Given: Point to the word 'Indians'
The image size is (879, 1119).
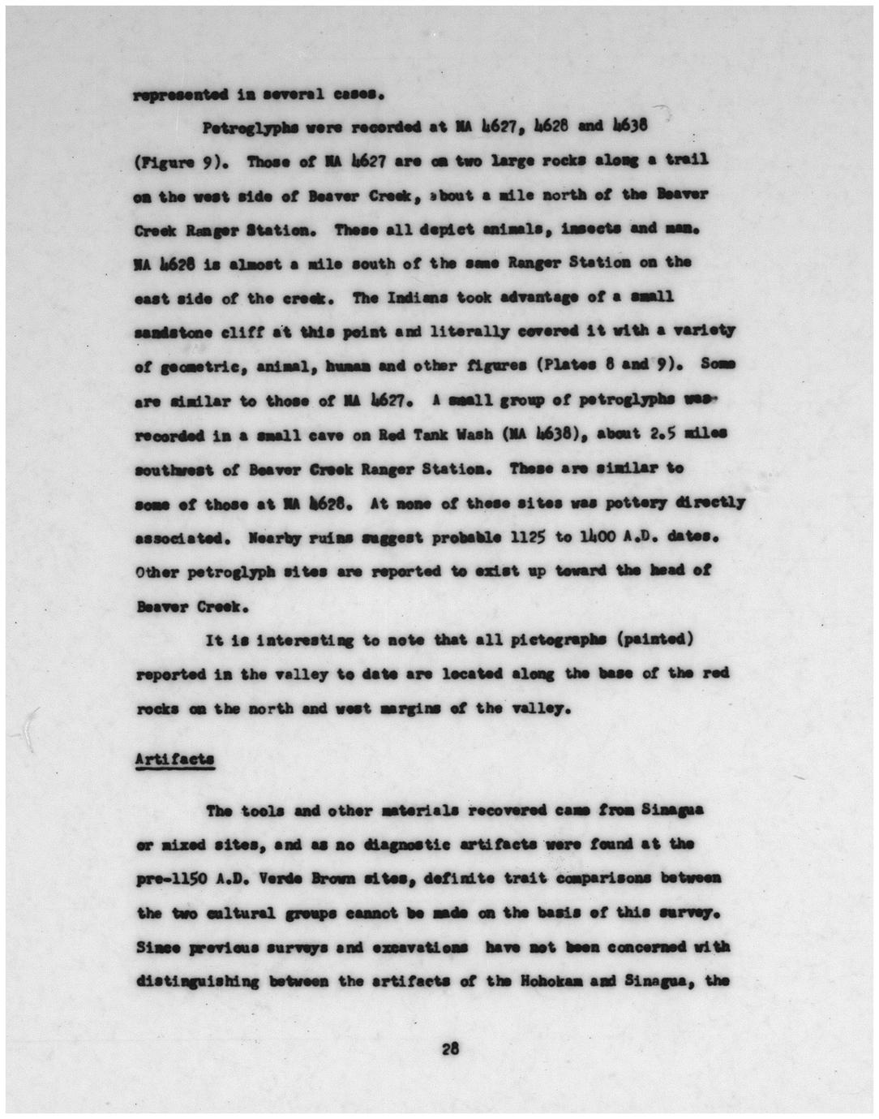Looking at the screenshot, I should coord(385,297).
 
